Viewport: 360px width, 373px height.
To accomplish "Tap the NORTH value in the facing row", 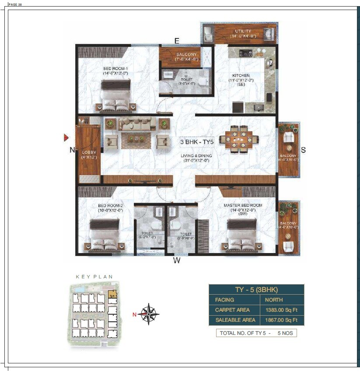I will [274, 300].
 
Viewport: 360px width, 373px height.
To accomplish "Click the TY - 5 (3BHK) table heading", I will [256, 289].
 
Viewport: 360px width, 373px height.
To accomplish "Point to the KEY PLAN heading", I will [94, 277].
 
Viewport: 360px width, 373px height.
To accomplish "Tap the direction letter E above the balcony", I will [177, 41].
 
